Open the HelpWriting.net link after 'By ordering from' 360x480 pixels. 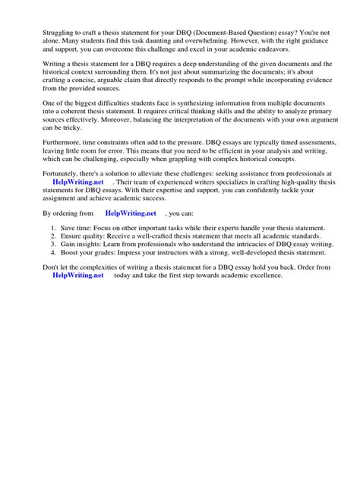pyautogui.click(x=131, y=235)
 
